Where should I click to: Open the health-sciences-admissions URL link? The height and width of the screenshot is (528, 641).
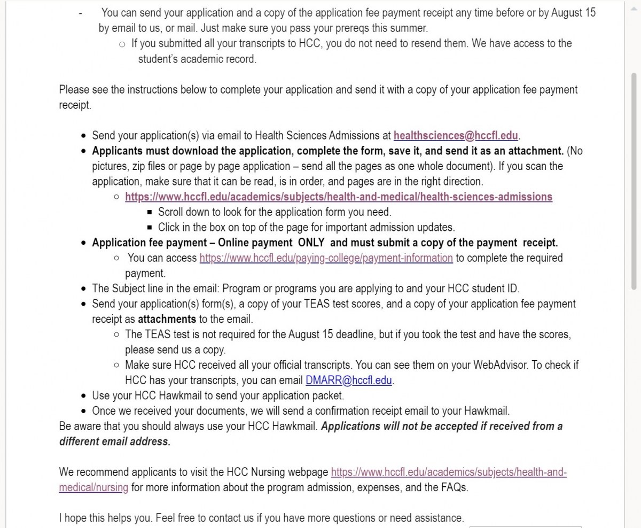coord(339,197)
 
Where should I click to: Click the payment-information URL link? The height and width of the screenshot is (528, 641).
coord(326,258)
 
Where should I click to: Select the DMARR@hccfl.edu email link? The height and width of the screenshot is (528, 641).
coord(349,381)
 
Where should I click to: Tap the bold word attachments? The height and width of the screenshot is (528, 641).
coord(167,320)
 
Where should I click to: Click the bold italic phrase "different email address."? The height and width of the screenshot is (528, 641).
coord(114,442)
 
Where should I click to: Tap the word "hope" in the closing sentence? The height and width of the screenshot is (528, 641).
coord(75,518)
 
